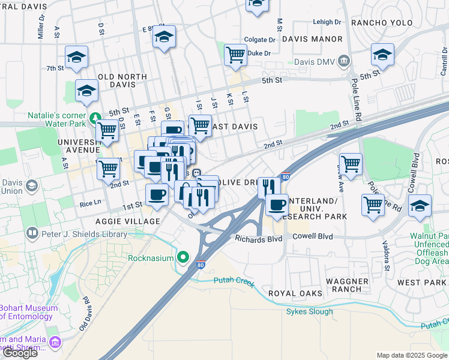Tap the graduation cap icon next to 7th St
(77, 57)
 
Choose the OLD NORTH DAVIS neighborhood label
(122, 82)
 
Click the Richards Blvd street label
(259, 238)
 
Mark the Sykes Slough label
(309, 311)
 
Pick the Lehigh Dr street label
(327, 22)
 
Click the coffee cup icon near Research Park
(277, 205)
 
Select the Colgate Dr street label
(259, 40)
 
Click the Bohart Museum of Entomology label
(28, 313)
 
